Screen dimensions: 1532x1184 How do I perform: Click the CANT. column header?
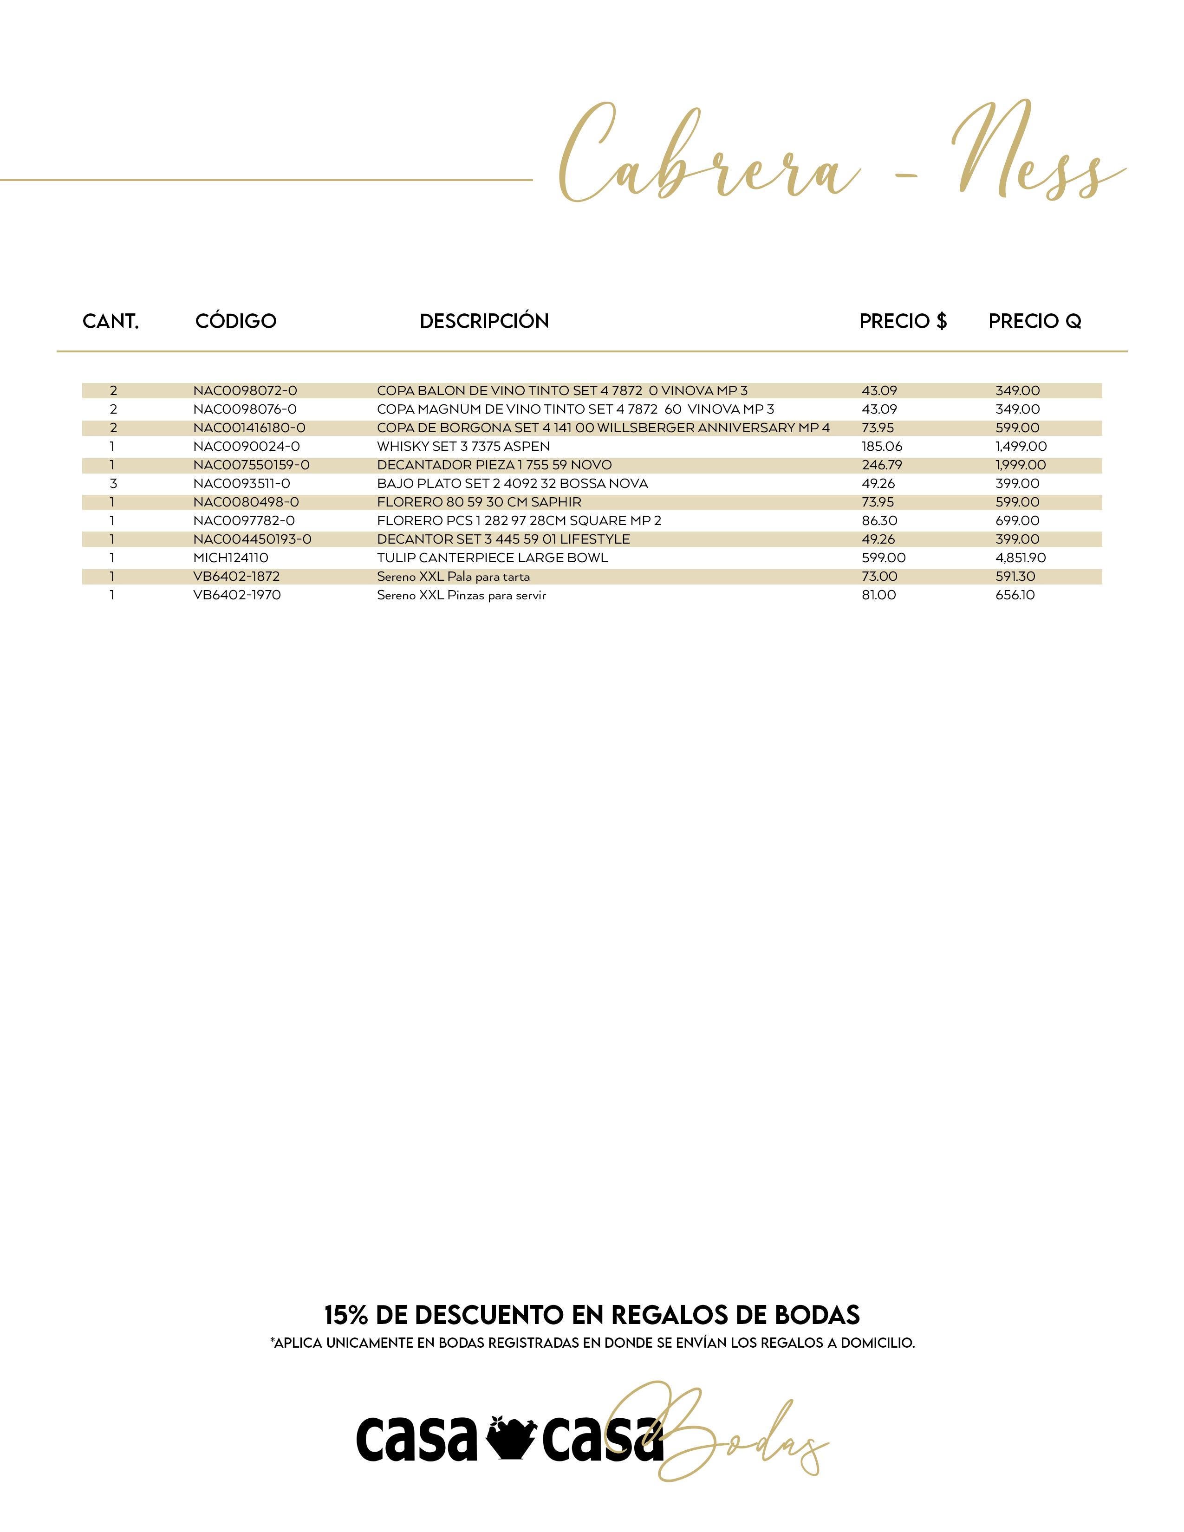(x=111, y=321)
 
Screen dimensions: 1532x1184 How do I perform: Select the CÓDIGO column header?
(x=236, y=321)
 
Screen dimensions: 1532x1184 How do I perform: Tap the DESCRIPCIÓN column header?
(x=484, y=321)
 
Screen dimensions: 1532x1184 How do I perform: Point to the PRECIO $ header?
(x=903, y=321)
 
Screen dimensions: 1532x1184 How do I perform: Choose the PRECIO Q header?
(x=1034, y=321)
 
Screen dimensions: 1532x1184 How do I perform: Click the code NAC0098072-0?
(x=245, y=391)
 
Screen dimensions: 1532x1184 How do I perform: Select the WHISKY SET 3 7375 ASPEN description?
(x=463, y=447)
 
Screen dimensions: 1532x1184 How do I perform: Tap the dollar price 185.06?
(x=882, y=447)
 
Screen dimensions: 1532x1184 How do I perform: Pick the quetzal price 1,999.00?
(x=1021, y=465)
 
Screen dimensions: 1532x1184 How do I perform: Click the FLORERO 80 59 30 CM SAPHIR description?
(x=479, y=502)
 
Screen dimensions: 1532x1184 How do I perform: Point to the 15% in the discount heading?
(x=346, y=1315)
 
